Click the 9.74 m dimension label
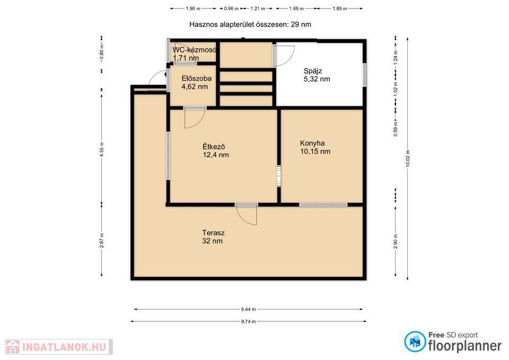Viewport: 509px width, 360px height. click(x=248, y=322)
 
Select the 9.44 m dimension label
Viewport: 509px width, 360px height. click(x=248, y=310)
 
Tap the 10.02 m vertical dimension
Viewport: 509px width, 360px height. click(x=408, y=159)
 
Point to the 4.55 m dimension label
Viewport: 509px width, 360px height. click(x=102, y=150)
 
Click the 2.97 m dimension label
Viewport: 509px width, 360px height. click(x=102, y=241)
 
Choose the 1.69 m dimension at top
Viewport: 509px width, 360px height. click(x=296, y=9)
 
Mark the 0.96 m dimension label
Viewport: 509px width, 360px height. click(x=231, y=9)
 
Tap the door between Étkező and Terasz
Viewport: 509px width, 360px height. click(x=247, y=214)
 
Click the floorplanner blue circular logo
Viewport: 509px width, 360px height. click(x=415, y=342)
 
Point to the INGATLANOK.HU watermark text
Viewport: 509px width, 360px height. click(x=64, y=347)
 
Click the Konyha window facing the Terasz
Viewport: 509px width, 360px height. click(x=323, y=205)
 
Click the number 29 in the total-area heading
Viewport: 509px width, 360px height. click(x=294, y=24)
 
